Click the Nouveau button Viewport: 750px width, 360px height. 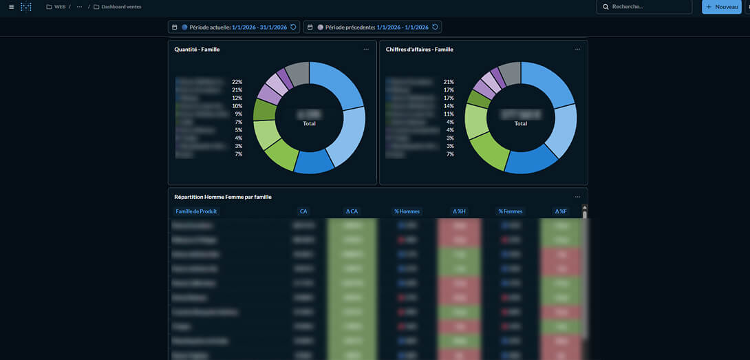[721, 7]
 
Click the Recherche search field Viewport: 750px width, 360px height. [643, 7]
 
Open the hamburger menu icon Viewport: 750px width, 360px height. [11, 7]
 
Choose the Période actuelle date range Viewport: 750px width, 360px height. [233, 27]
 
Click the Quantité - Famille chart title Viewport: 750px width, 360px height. [197, 50]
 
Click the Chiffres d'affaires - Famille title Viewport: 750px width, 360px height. [419, 50]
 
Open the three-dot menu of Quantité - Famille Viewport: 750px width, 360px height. [366, 50]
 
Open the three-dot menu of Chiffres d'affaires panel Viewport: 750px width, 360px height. [577, 50]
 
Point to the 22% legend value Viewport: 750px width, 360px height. [237, 82]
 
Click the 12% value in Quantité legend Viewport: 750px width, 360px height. [237, 98]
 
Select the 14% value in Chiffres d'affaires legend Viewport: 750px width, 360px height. [449, 106]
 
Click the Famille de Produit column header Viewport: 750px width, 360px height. [196, 211]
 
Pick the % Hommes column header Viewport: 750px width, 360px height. [407, 211]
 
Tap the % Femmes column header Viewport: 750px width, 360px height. [511, 211]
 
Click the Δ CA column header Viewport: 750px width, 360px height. [352, 211]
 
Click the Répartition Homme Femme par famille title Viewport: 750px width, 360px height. [223, 197]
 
